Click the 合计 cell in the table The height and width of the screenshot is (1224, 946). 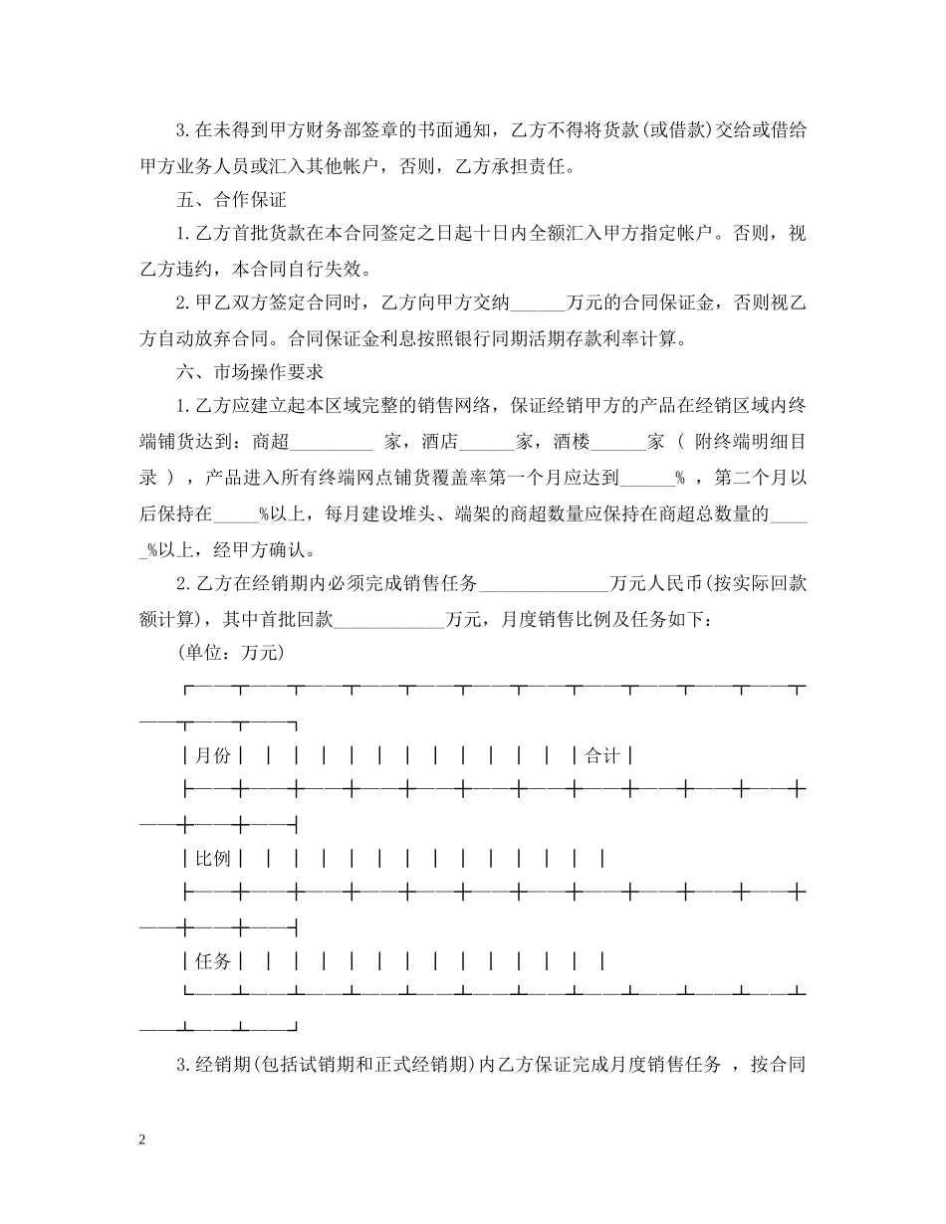[x=601, y=756]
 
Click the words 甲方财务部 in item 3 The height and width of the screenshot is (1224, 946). [x=314, y=130]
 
